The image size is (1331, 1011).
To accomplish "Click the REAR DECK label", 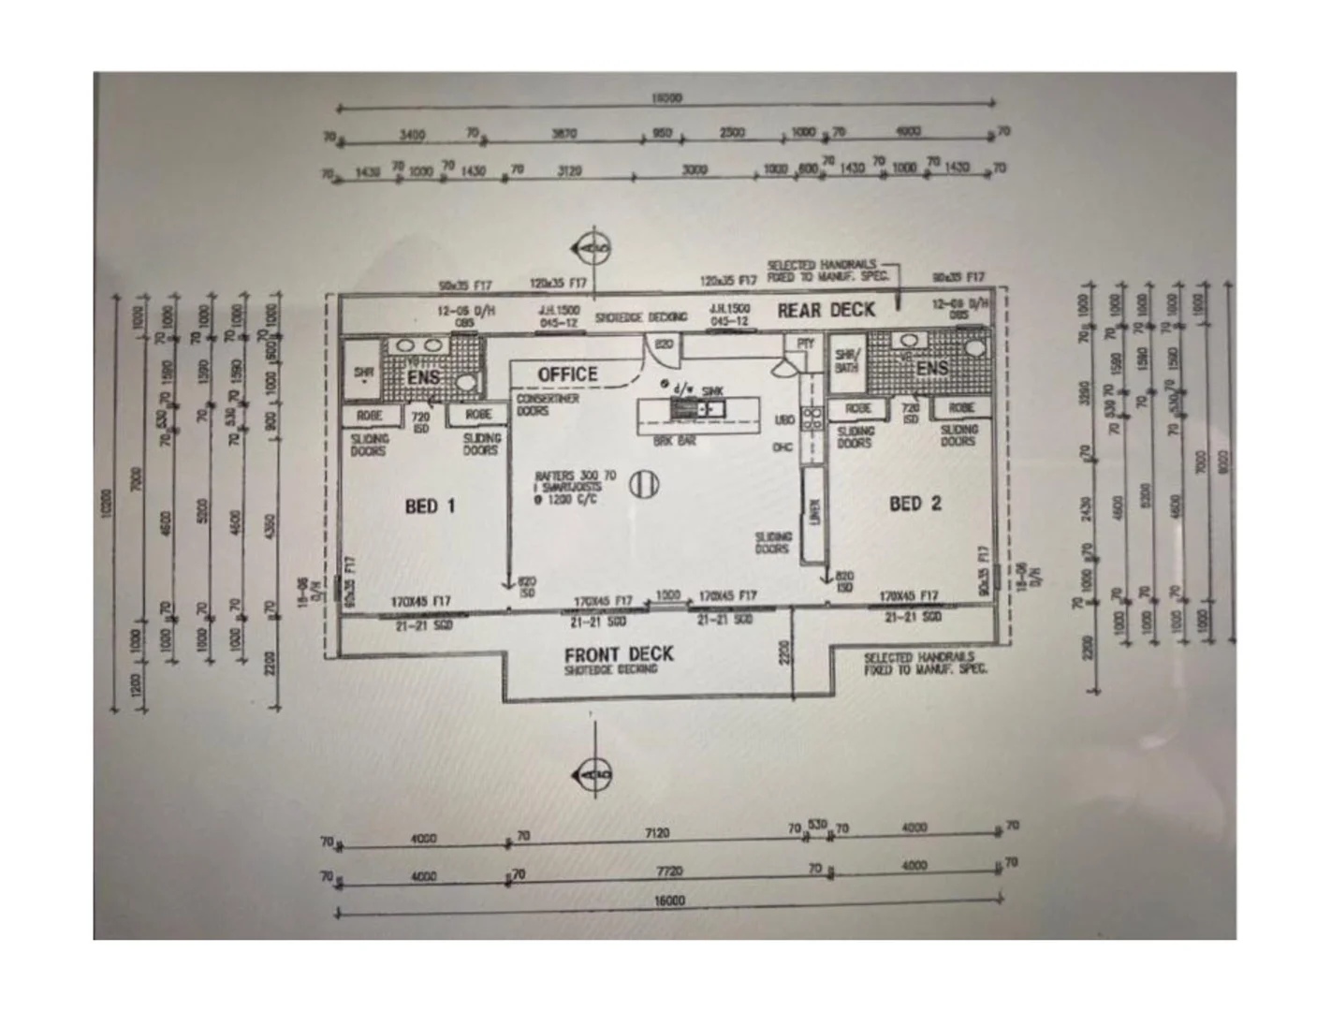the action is click(x=826, y=310).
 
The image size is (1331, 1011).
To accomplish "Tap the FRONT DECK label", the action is click(x=618, y=654).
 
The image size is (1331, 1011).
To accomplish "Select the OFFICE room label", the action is click(x=567, y=374).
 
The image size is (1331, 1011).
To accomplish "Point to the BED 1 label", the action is click(x=430, y=506).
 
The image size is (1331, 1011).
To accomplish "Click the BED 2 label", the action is click(x=914, y=504).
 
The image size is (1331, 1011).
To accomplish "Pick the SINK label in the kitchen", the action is click(x=712, y=391).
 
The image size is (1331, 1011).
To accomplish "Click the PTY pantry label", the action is click(x=805, y=344).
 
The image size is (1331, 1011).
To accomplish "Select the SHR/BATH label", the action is click(x=846, y=360).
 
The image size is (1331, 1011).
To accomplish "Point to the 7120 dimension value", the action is click(x=658, y=832).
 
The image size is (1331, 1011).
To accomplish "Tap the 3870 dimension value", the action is click(x=563, y=134).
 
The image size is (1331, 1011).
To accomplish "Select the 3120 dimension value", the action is click(x=569, y=170).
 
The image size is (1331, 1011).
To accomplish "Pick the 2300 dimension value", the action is click(x=732, y=133).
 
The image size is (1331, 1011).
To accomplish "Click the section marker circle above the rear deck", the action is click(x=594, y=248).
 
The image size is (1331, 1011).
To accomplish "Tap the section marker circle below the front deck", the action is click(x=593, y=775).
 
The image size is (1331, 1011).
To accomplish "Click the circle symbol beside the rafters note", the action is click(x=643, y=484).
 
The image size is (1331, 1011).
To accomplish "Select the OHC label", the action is click(x=783, y=447).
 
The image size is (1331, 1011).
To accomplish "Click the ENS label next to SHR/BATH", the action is click(x=932, y=368).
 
